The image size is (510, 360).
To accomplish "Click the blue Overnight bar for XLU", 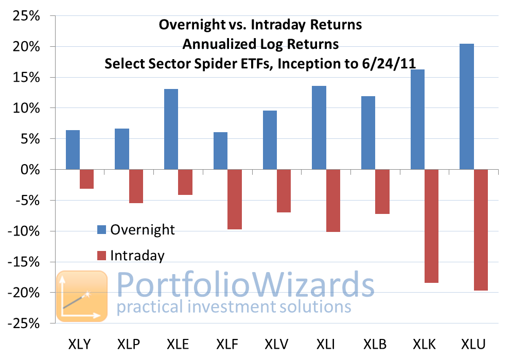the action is tap(467, 106).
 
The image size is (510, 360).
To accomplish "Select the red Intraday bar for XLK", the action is tap(431, 226).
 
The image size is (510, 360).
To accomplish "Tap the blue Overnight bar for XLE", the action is tap(171, 129).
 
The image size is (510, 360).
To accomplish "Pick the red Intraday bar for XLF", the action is tap(235, 200).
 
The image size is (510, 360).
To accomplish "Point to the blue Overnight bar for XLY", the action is tap(73, 150).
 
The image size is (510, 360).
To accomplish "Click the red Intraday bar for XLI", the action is tap(333, 201).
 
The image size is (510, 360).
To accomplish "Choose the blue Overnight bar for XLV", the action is tap(270, 140).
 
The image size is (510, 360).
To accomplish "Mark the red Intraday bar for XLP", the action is tap(136, 186).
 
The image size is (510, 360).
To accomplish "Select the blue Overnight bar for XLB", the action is tap(368, 133).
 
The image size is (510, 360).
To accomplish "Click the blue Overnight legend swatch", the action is tap(102, 230).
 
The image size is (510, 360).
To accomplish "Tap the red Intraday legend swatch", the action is tap(102, 256).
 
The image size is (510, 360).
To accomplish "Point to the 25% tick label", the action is tap(26, 15).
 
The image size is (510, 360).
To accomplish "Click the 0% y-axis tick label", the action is tap(30, 170).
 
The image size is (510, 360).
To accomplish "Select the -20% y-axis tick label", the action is tap(24, 293).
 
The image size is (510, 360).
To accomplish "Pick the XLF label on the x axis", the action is tap(227, 344).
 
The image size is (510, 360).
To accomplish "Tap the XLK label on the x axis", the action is tap(424, 344).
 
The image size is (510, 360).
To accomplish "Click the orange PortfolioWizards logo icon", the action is tap(82, 296).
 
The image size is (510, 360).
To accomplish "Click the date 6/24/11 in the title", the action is tap(389, 63).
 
